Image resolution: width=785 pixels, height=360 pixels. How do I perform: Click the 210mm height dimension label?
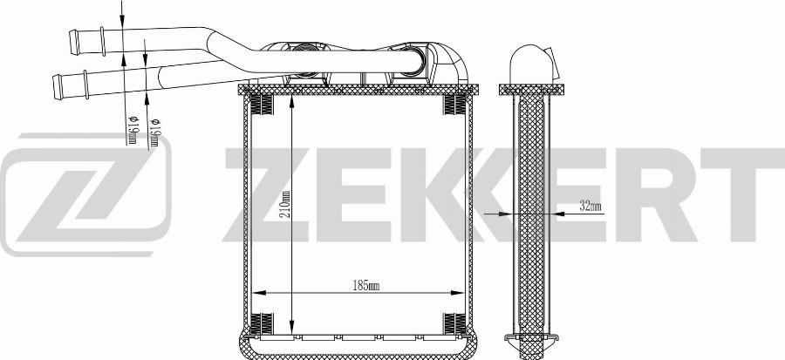(x=286, y=206)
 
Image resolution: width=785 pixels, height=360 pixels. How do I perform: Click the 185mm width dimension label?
(x=366, y=286)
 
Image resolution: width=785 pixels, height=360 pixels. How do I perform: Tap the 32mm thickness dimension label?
(x=590, y=206)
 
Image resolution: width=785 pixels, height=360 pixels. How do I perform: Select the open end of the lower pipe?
(x=57, y=87)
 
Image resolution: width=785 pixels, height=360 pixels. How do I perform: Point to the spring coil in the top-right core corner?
(x=454, y=105)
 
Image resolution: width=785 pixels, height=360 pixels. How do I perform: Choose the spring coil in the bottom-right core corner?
(x=454, y=323)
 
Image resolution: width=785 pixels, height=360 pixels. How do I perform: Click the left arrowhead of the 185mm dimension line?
(x=258, y=293)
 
